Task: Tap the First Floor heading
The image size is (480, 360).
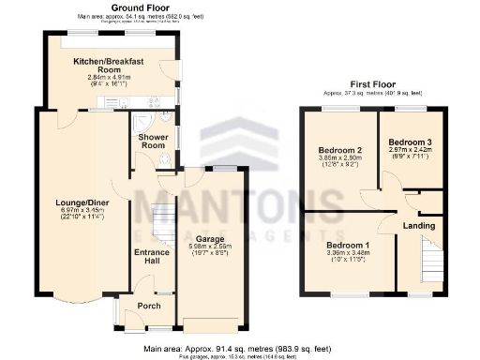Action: pos(373,83)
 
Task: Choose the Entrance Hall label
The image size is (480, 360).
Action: pos(149,256)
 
